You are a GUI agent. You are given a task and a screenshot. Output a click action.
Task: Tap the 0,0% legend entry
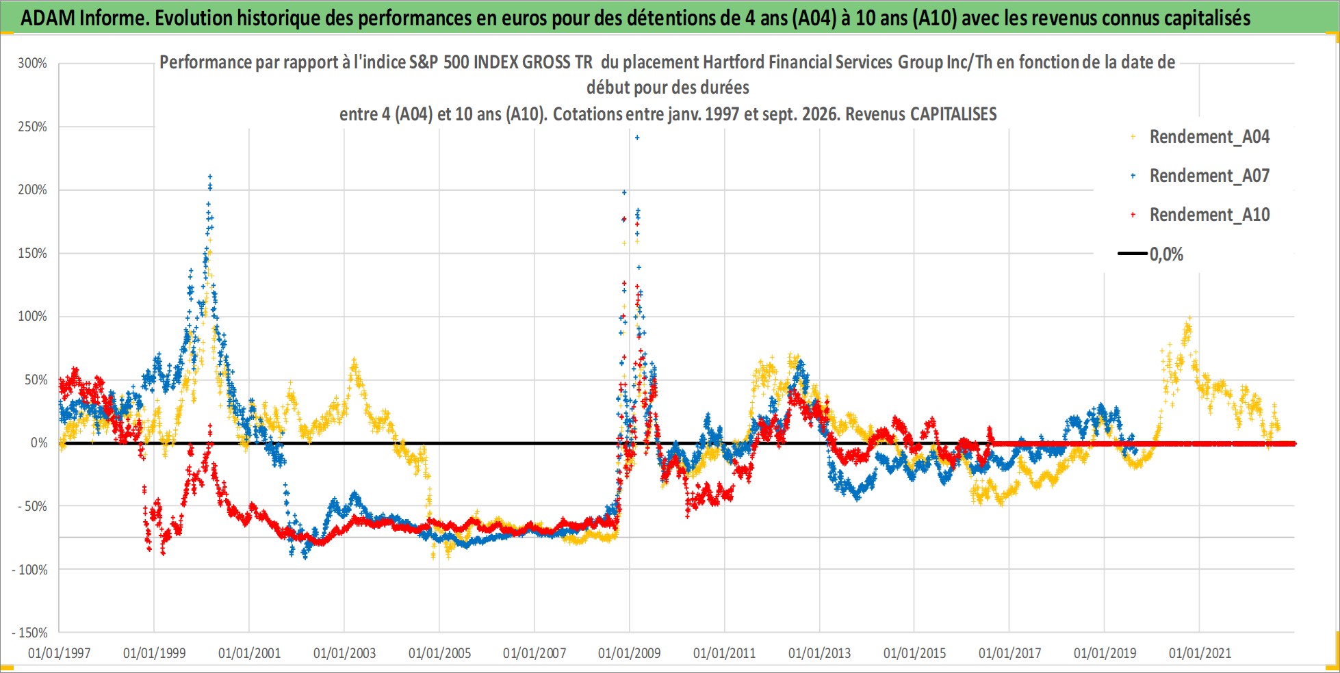coord(1150,254)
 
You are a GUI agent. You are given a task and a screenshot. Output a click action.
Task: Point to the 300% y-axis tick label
coord(33,64)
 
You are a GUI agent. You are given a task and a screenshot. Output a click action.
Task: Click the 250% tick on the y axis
coord(33,127)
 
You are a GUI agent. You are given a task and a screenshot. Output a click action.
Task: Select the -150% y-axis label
coord(30,633)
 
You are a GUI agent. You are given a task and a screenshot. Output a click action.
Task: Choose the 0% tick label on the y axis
coord(39,443)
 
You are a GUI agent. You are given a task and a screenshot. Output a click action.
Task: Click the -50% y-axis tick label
coord(33,506)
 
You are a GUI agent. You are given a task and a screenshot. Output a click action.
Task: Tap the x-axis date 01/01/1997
coord(60,653)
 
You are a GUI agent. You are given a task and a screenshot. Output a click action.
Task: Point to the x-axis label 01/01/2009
coord(630,653)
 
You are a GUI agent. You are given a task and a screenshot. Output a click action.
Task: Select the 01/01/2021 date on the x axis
coord(1200,653)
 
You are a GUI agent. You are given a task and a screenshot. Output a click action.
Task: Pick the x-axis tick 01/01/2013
coord(820,653)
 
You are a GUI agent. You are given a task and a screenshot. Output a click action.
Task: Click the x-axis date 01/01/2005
coord(439,653)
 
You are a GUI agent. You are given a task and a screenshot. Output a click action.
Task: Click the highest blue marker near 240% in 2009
coord(637,138)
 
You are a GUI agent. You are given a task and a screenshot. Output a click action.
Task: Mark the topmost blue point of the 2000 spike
coord(210,176)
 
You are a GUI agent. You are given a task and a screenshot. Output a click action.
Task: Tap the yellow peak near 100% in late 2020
coord(1190,318)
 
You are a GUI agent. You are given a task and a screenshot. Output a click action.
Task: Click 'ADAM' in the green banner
coord(48,18)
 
